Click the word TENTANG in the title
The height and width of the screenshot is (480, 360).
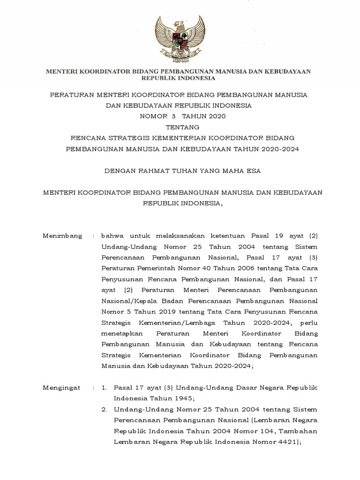point(180,127)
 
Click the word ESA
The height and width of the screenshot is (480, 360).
point(253,171)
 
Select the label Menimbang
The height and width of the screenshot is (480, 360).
point(62,235)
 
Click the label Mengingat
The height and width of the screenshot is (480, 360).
point(62,388)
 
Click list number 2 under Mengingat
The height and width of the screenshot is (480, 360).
point(104,409)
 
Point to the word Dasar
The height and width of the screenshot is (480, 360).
point(233,388)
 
